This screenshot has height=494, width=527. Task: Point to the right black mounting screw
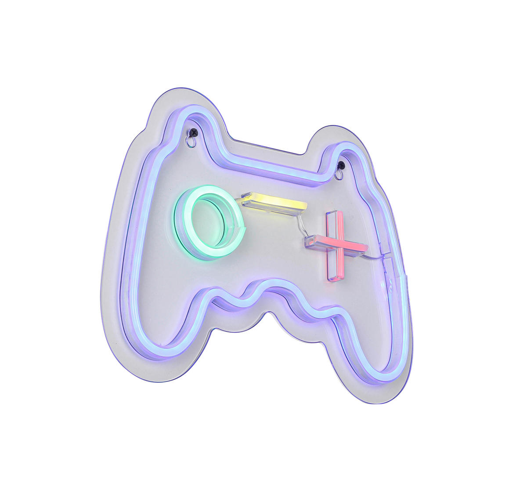point(341,165)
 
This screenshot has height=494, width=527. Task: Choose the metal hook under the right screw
point(339,175)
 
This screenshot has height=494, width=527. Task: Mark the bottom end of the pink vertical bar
point(335,277)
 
